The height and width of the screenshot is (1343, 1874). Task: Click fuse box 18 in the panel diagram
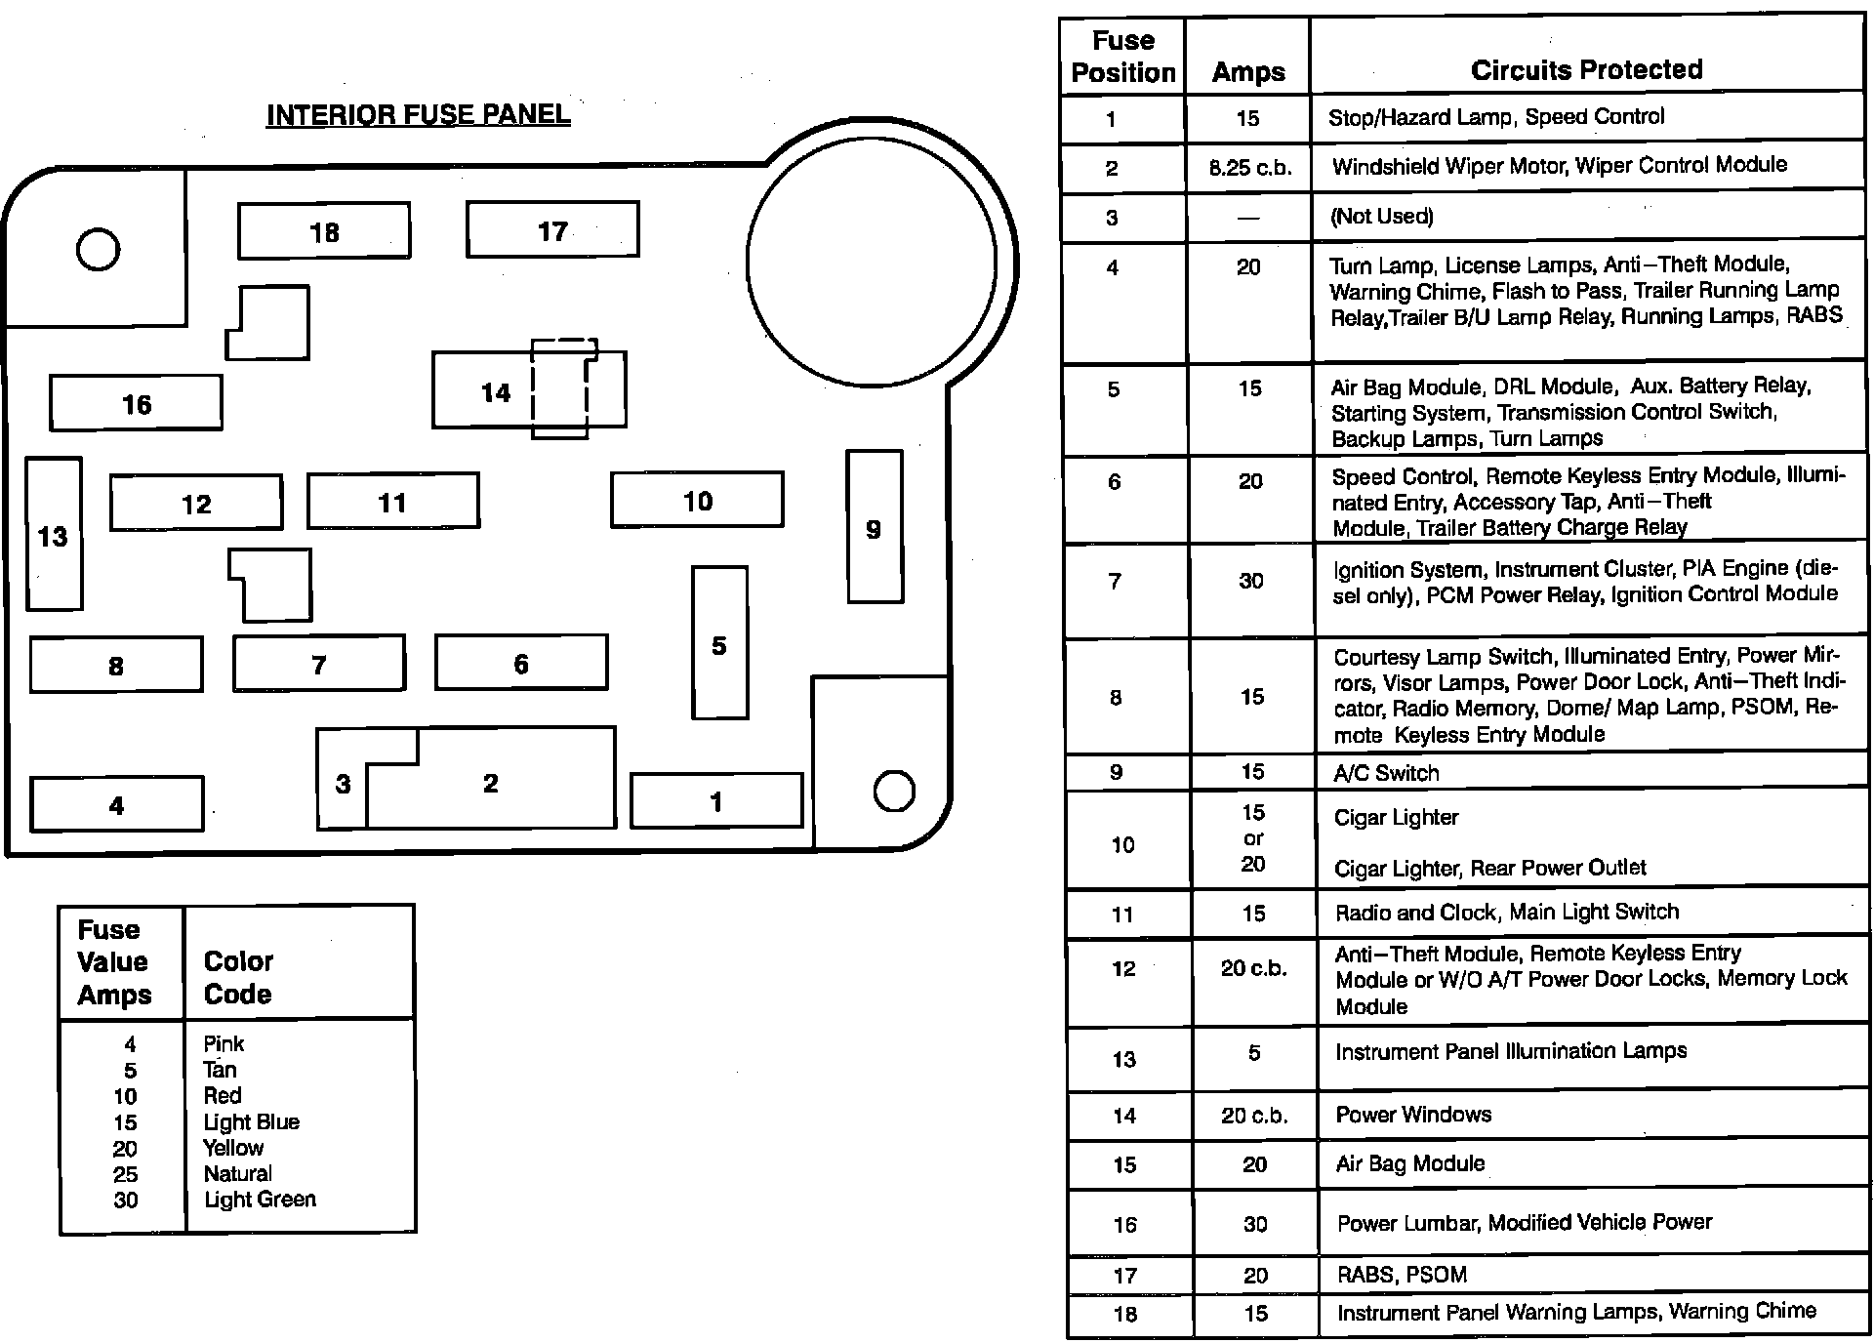324,231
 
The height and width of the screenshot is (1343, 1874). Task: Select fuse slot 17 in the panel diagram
552,230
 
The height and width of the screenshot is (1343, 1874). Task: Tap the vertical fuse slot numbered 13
54,535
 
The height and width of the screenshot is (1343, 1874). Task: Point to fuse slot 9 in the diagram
875,527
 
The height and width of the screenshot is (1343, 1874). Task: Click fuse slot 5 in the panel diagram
719,644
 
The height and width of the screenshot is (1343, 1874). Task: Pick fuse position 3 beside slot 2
343,784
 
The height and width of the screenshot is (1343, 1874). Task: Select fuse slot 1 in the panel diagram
716,801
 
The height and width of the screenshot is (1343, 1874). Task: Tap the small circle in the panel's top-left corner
98,249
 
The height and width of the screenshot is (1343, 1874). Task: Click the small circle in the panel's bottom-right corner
894,791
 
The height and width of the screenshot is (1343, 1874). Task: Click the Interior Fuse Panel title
418,115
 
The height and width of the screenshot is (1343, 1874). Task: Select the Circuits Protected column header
1586,69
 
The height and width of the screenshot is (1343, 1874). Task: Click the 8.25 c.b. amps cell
1249,168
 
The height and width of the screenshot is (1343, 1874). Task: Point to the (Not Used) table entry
1381,217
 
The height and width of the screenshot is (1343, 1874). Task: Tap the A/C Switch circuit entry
1386,773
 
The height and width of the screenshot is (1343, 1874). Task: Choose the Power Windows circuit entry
1413,1115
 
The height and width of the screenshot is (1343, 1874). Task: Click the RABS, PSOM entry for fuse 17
1402,1275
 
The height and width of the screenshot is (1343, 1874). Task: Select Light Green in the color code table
260,1200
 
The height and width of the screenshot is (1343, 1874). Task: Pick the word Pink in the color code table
224,1043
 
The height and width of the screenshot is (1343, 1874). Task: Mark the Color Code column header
238,977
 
